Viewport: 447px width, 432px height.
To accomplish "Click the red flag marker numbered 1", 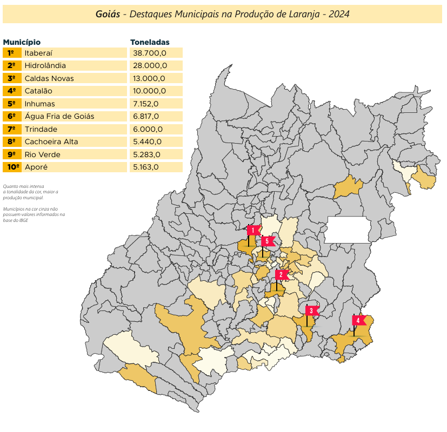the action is point(253,231).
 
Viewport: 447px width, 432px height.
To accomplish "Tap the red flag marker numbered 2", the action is point(282,274).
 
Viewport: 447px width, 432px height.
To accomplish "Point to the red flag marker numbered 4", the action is point(359,320).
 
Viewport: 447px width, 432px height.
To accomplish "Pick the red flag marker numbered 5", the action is point(268,241).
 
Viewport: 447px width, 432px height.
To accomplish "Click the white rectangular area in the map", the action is point(348,230).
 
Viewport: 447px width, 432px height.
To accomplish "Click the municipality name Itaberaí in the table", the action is point(38,53).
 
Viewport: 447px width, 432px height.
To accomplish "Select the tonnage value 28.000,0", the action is point(150,65).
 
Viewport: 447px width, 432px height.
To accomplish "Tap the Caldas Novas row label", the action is point(49,78).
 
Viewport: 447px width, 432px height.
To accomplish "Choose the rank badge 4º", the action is point(12,91).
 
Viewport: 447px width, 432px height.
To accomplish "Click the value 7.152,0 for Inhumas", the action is point(146,104).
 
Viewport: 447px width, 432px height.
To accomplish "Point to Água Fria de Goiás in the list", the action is point(59,116).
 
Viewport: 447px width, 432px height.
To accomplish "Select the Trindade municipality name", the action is point(41,129).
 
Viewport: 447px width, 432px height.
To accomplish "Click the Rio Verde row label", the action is point(43,154).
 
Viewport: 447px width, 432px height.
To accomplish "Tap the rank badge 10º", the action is point(12,167).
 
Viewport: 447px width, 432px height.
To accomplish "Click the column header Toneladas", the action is point(150,42).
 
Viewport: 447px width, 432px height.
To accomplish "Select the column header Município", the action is point(22,42).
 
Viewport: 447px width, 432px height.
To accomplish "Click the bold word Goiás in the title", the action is point(108,14).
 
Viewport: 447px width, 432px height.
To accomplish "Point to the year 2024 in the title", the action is point(339,14).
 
